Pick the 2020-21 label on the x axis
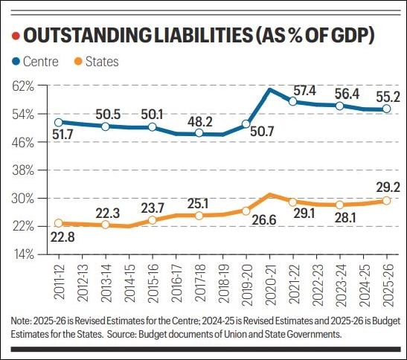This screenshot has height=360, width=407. (269, 281)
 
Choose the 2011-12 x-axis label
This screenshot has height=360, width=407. (58, 281)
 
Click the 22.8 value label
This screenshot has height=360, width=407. (63, 238)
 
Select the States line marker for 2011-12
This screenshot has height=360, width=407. (58, 223)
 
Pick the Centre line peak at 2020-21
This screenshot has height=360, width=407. (269, 90)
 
